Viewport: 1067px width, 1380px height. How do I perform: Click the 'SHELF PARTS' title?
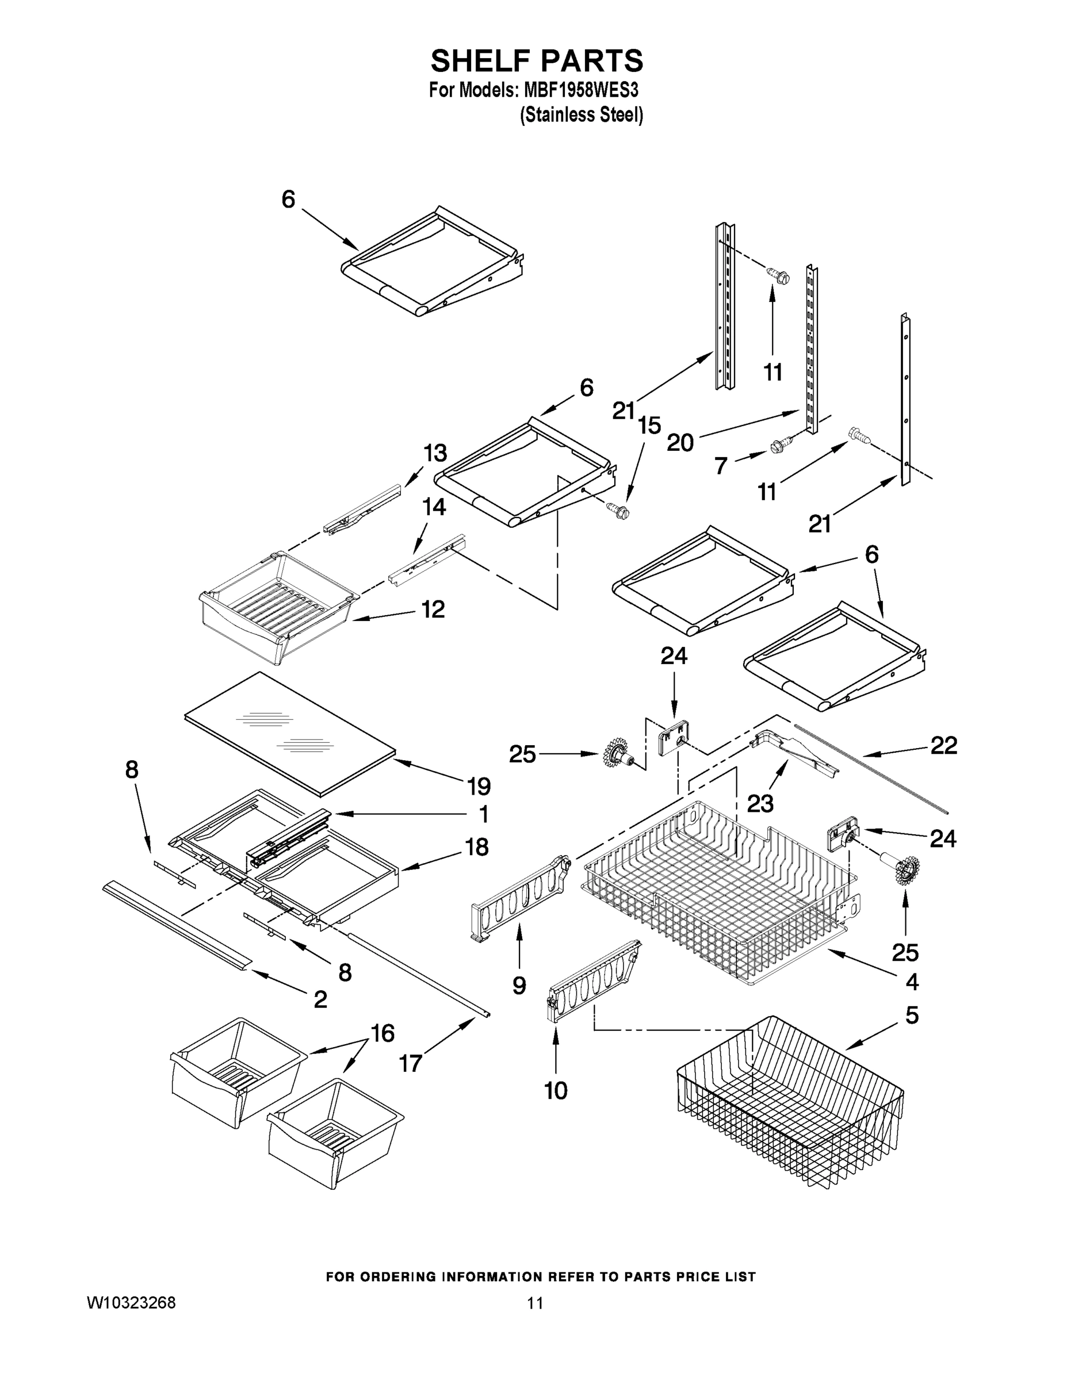tap(537, 62)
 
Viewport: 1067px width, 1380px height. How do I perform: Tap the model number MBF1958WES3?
tap(580, 90)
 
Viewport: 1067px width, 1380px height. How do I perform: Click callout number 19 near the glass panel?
tap(479, 786)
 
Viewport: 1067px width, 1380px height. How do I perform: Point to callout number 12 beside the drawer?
tap(433, 609)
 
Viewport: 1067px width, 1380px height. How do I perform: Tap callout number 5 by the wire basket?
tap(912, 1015)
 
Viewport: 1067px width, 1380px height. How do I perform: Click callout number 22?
tap(943, 746)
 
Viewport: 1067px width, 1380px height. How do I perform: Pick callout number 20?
tap(680, 442)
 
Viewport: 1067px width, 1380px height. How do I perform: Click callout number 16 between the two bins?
tap(383, 1033)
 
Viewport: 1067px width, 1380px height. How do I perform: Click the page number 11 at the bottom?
tap(535, 1303)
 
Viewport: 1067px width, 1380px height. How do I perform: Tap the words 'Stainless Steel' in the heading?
tap(581, 115)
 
